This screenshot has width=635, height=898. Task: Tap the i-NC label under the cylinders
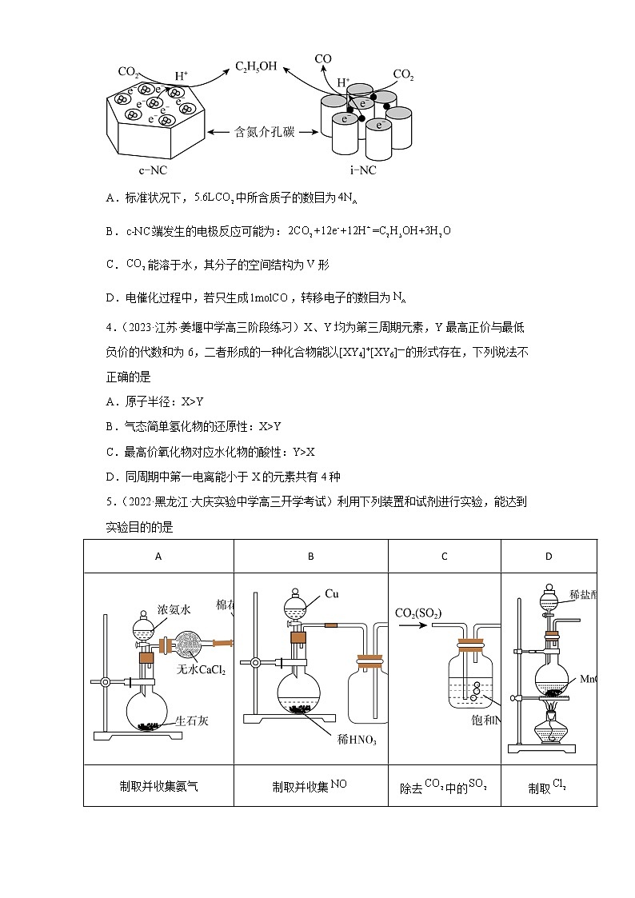tap(362, 170)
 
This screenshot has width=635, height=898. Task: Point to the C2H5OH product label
tap(255, 67)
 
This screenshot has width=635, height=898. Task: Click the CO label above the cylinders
tap(322, 59)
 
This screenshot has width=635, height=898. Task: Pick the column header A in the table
tap(158, 557)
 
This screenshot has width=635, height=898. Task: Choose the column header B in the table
tap(310, 557)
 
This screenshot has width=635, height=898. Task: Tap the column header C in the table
tap(445, 557)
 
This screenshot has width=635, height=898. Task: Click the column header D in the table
tap(549, 557)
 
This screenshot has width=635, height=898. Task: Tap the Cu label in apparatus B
tap(333, 594)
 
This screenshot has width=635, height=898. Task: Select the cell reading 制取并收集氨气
tap(158, 787)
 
